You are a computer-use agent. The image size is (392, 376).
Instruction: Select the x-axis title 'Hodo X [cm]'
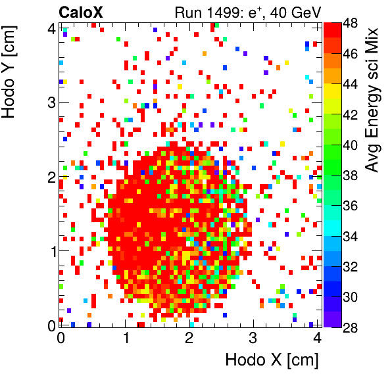[x=272, y=360]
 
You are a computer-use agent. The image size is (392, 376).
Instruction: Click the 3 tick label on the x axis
[x=253, y=339]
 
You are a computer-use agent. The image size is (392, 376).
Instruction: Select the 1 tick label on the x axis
[x=124, y=339]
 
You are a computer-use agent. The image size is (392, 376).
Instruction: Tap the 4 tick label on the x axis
[x=316, y=339]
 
